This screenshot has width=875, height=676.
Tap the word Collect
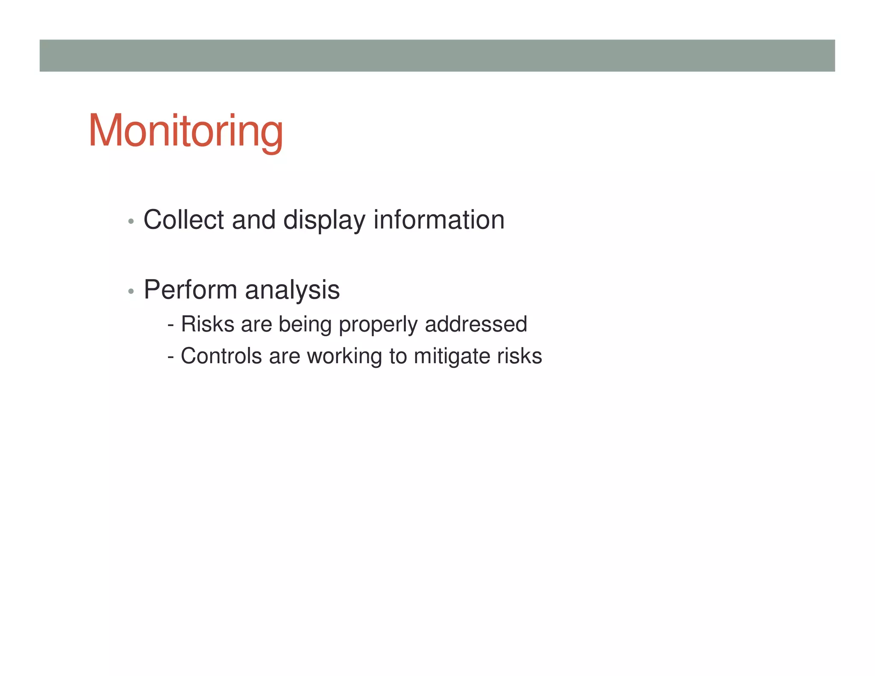click(x=184, y=220)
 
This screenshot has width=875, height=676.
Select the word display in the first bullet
click(x=324, y=220)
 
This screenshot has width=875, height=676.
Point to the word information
click(x=439, y=220)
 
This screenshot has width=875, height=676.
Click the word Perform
click(x=190, y=290)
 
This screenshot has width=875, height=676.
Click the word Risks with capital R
click(x=207, y=324)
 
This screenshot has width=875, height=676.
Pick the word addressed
click(x=476, y=324)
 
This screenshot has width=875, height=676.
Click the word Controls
click(x=221, y=356)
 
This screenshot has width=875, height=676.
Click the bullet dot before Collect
click(x=131, y=221)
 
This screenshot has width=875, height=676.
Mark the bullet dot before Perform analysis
click(x=131, y=291)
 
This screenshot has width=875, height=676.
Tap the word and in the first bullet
click(x=253, y=220)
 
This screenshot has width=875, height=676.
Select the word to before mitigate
click(x=398, y=356)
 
